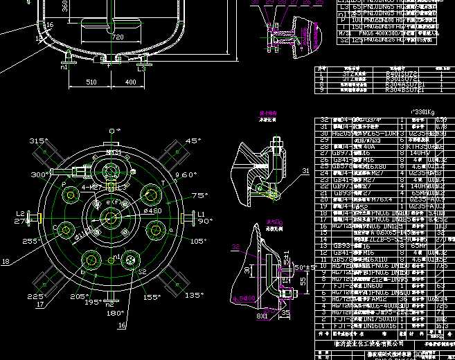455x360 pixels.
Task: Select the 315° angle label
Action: [x=37, y=141]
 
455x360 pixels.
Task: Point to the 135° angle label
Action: [x=194, y=295]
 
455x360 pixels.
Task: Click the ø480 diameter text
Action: [x=152, y=211]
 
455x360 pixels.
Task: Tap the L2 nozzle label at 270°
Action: [x=21, y=214]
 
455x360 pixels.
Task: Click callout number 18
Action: [x=6, y=262]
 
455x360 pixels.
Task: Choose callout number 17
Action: [x=39, y=304]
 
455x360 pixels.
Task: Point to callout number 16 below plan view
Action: [x=123, y=324]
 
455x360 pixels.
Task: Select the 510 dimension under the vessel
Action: [x=91, y=82]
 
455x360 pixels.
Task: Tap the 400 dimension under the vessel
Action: [x=130, y=82]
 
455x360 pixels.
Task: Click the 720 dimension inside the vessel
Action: [x=118, y=36]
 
